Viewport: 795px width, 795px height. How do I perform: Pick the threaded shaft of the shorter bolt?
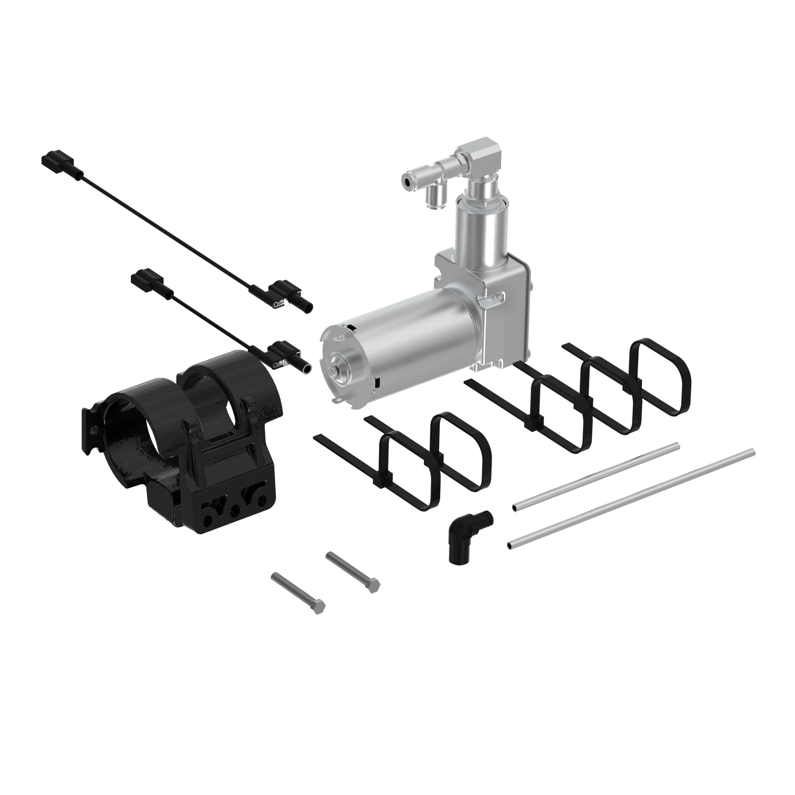tap(348, 568)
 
